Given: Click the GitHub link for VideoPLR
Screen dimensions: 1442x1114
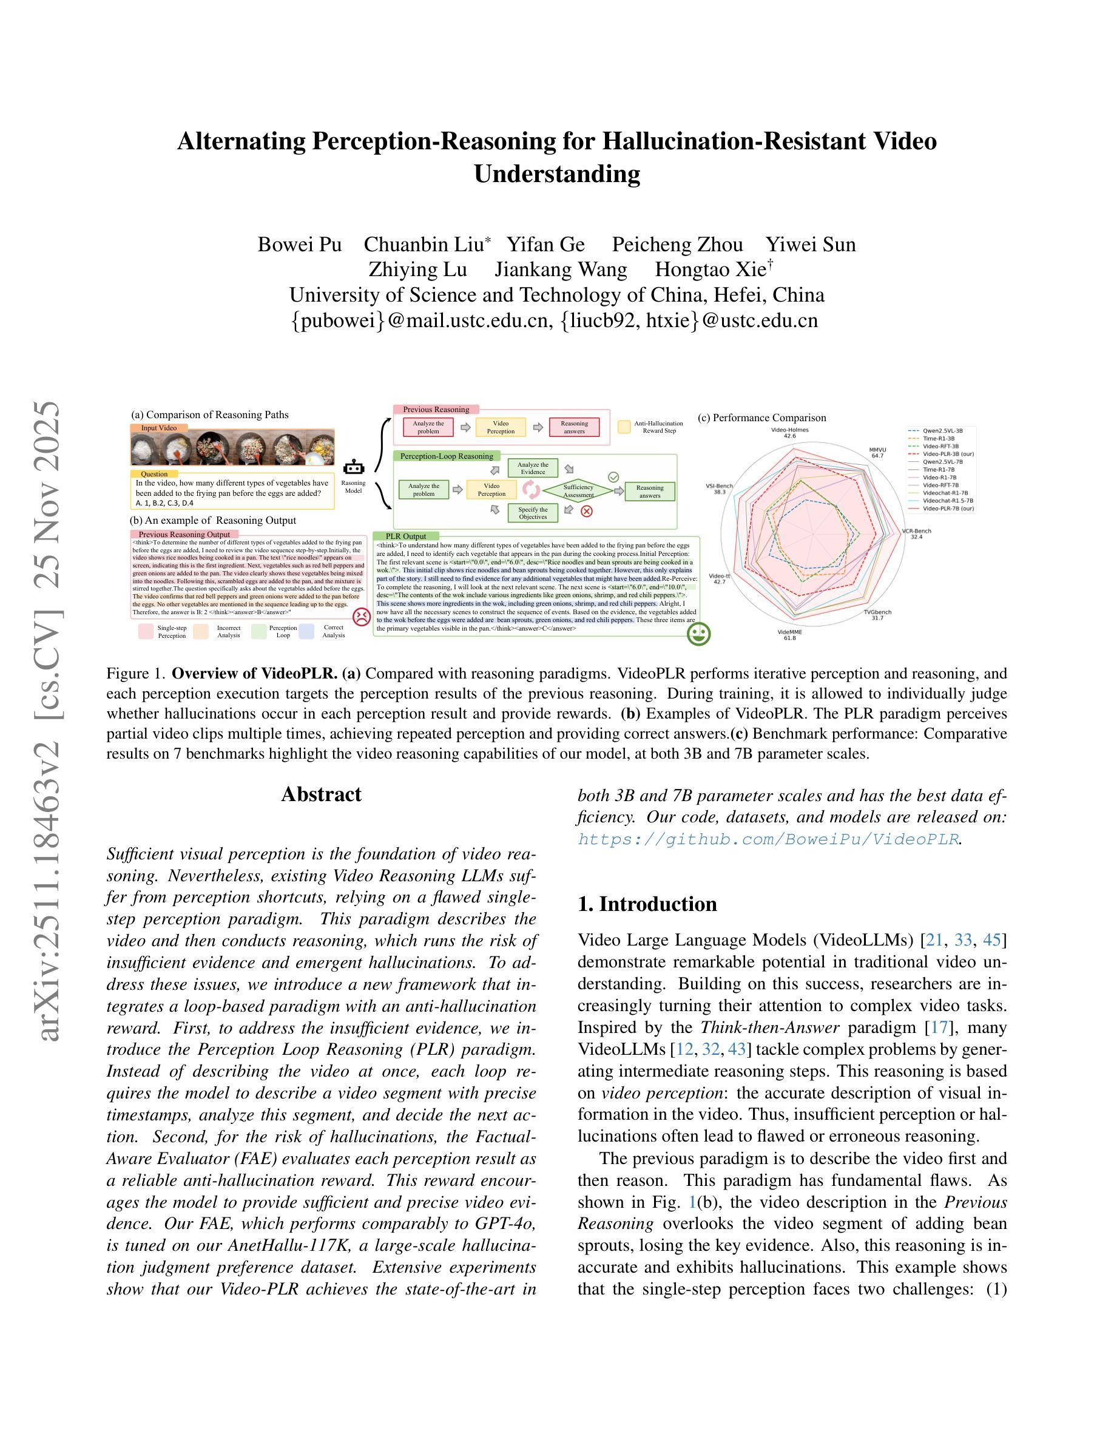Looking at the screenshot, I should tap(768, 839).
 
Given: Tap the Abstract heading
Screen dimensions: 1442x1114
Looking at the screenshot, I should tap(321, 794).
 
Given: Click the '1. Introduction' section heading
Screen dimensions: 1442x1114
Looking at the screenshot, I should tap(647, 904).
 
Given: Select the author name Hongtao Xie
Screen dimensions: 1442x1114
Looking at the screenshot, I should tap(710, 269).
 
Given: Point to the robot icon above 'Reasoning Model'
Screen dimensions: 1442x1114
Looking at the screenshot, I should tap(354, 467).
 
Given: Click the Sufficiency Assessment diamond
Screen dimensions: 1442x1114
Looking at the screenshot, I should tap(578, 490).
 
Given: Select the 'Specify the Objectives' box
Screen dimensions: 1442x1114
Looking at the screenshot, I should tap(533, 513).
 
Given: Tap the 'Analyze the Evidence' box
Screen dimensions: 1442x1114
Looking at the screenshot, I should tap(533, 468).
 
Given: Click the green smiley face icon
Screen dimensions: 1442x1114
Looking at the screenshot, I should tap(698, 634).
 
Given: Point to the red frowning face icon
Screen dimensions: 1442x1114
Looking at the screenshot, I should tap(361, 617).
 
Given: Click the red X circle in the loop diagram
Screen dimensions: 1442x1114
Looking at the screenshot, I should tap(586, 511).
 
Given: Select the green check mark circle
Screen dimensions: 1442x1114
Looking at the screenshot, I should tap(613, 476).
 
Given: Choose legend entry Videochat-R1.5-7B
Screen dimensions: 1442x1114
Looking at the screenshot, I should tap(948, 501).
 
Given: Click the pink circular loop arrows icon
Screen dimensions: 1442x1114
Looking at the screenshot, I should tap(530, 490).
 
